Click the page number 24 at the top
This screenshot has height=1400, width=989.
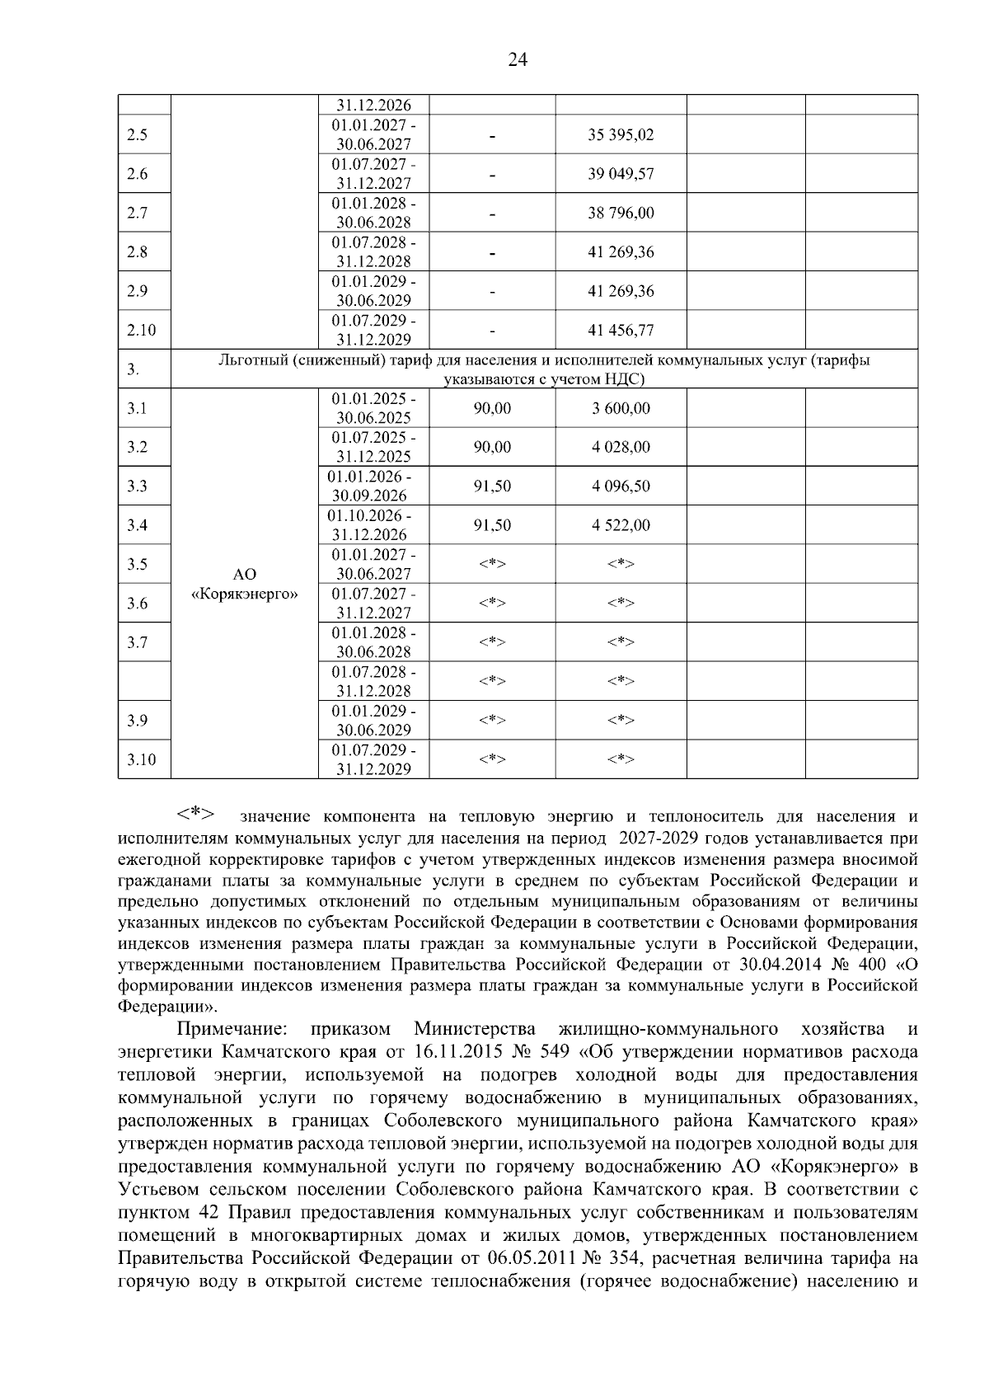tap(518, 59)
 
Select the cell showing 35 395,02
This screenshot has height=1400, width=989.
tap(621, 135)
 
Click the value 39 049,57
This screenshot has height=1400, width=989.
tap(621, 174)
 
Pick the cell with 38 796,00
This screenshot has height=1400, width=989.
tap(621, 213)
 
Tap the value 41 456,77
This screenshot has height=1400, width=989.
tap(621, 331)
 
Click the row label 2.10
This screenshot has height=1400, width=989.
tap(142, 331)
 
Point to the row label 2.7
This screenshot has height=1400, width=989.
tap(138, 213)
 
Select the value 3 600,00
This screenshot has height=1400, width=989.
tap(621, 408)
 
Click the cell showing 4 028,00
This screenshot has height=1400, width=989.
tap(621, 447)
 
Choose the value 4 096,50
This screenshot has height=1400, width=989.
tap(621, 486)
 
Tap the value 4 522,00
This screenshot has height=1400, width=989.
tap(621, 525)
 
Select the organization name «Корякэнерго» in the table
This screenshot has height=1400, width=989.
tap(244, 594)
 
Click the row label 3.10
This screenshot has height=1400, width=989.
tap(142, 759)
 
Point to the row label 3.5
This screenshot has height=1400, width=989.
tap(138, 565)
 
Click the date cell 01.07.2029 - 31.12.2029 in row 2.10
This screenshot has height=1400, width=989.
tap(373, 331)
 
